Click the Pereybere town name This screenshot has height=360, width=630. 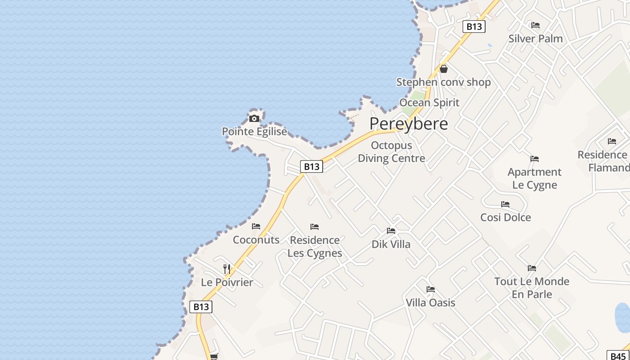tap(409, 124)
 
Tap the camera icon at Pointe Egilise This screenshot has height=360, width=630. tap(254, 119)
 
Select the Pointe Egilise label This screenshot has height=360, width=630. tap(254, 131)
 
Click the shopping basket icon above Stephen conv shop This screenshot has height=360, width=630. tap(444, 69)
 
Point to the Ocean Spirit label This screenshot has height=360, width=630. tap(429, 103)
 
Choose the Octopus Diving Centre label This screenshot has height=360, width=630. tap(391, 152)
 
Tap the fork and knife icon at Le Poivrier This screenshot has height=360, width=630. tap(227, 269)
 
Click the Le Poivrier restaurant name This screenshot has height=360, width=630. tap(227, 283)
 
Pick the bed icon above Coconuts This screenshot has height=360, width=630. tap(256, 226)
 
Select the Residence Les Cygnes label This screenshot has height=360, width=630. tap(315, 247)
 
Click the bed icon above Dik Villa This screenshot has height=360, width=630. tap(391, 231)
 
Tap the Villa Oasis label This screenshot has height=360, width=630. tap(431, 303)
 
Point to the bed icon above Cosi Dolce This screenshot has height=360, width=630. tap(505, 204)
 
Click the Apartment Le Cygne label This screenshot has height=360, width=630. tap(535, 178)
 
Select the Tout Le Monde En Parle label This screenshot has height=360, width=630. tap(532, 288)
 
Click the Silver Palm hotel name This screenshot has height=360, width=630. tap(535, 39)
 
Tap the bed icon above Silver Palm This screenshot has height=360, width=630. tap(535, 25)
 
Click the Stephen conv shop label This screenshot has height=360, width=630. tap(443, 82)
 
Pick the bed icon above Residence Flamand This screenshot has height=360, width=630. tap(612, 141)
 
